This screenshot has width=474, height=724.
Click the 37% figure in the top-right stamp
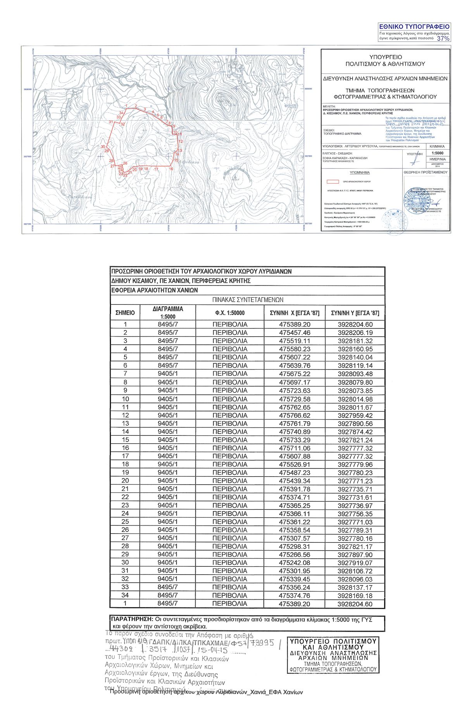(443, 38)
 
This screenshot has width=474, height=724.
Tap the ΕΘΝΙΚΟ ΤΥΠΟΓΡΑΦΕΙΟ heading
(414, 27)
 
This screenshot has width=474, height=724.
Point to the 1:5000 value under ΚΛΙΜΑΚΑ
(438, 153)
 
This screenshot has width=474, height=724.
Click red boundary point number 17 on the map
(156, 169)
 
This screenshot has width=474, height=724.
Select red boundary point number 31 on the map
(111, 122)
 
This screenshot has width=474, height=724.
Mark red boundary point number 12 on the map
(181, 141)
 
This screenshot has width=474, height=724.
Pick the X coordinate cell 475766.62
(295, 415)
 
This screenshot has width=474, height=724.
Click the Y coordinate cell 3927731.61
(355, 497)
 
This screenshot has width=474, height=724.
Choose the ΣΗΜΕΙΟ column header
(125, 313)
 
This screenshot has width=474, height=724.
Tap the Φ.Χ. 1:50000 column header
(230, 313)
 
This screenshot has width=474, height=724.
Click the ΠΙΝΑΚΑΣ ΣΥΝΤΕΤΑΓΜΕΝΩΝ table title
(248, 300)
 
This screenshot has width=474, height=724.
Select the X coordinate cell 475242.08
(295, 562)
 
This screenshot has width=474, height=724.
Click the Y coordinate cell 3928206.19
(355, 333)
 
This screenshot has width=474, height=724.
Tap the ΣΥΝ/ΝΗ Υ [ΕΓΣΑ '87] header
(355, 313)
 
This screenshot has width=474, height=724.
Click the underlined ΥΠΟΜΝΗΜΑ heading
(360, 172)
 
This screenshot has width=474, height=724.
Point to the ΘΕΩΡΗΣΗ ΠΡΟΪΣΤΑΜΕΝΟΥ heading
(425, 172)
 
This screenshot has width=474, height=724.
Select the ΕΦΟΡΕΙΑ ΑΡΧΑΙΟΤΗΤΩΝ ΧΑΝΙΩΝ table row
(155, 290)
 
